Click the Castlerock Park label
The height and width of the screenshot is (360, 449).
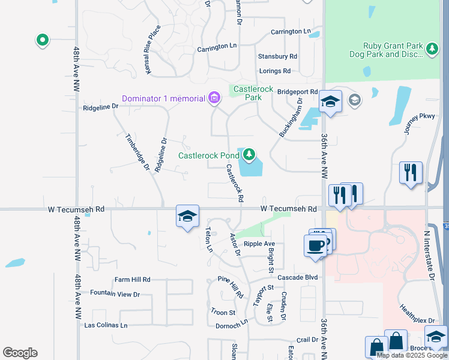click(253, 93)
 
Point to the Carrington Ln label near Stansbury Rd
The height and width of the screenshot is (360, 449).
click(291, 31)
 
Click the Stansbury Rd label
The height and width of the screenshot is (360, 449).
click(277, 56)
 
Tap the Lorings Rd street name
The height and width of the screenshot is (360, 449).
click(274, 71)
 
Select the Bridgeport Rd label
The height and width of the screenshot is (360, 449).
click(298, 92)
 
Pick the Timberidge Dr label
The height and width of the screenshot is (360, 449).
click(137, 152)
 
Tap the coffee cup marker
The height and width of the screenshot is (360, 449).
click(315, 245)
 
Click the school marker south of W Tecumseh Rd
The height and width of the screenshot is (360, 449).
click(187, 217)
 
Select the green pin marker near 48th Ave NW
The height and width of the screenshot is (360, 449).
click(43, 40)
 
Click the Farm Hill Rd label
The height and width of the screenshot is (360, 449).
click(133, 280)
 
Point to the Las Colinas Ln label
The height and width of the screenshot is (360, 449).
click(106, 325)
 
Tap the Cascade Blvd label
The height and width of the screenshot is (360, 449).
click(301, 278)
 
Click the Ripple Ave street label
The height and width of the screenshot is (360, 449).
click(259, 244)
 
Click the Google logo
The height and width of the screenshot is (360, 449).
click(20, 353)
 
